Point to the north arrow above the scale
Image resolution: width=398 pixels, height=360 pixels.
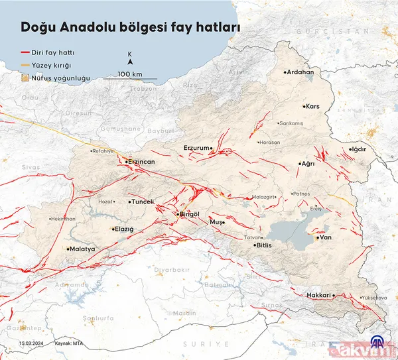click(130, 63)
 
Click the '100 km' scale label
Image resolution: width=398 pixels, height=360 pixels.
click(130, 73)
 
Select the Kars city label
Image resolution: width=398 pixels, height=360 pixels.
click(313, 106)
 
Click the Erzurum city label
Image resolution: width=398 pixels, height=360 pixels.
click(196, 147)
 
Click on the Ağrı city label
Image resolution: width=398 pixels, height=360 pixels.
click(308, 163)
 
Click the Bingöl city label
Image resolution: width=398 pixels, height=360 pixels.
click(189, 214)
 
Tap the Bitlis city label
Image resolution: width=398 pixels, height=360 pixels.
click(264, 245)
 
